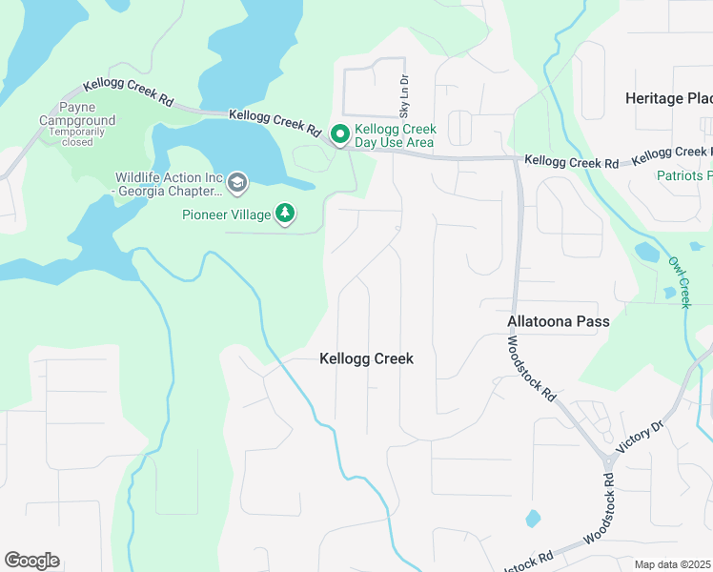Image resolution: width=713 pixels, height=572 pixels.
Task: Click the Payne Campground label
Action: [x=77, y=114]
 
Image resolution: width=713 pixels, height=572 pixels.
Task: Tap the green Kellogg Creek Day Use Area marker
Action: [x=338, y=136]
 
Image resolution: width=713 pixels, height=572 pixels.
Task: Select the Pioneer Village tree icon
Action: [x=285, y=214]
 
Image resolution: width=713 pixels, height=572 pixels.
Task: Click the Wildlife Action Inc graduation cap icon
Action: [x=236, y=181]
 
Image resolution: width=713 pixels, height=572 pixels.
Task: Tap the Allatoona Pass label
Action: [x=558, y=322]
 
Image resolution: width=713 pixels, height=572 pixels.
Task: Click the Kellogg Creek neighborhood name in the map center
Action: [x=366, y=359]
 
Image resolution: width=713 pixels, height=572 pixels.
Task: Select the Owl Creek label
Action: [x=678, y=282]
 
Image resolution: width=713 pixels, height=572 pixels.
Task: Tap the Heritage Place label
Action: [x=668, y=98]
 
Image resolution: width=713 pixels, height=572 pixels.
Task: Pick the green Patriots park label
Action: [x=684, y=175]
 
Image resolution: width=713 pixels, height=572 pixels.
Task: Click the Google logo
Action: [x=31, y=561]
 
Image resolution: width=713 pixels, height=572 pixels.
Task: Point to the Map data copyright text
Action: [x=673, y=564]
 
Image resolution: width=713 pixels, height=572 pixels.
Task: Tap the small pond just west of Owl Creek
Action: [x=646, y=253]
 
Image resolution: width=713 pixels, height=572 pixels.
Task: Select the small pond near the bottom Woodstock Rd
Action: [x=532, y=520]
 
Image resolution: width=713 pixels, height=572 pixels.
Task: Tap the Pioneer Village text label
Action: [x=227, y=214]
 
